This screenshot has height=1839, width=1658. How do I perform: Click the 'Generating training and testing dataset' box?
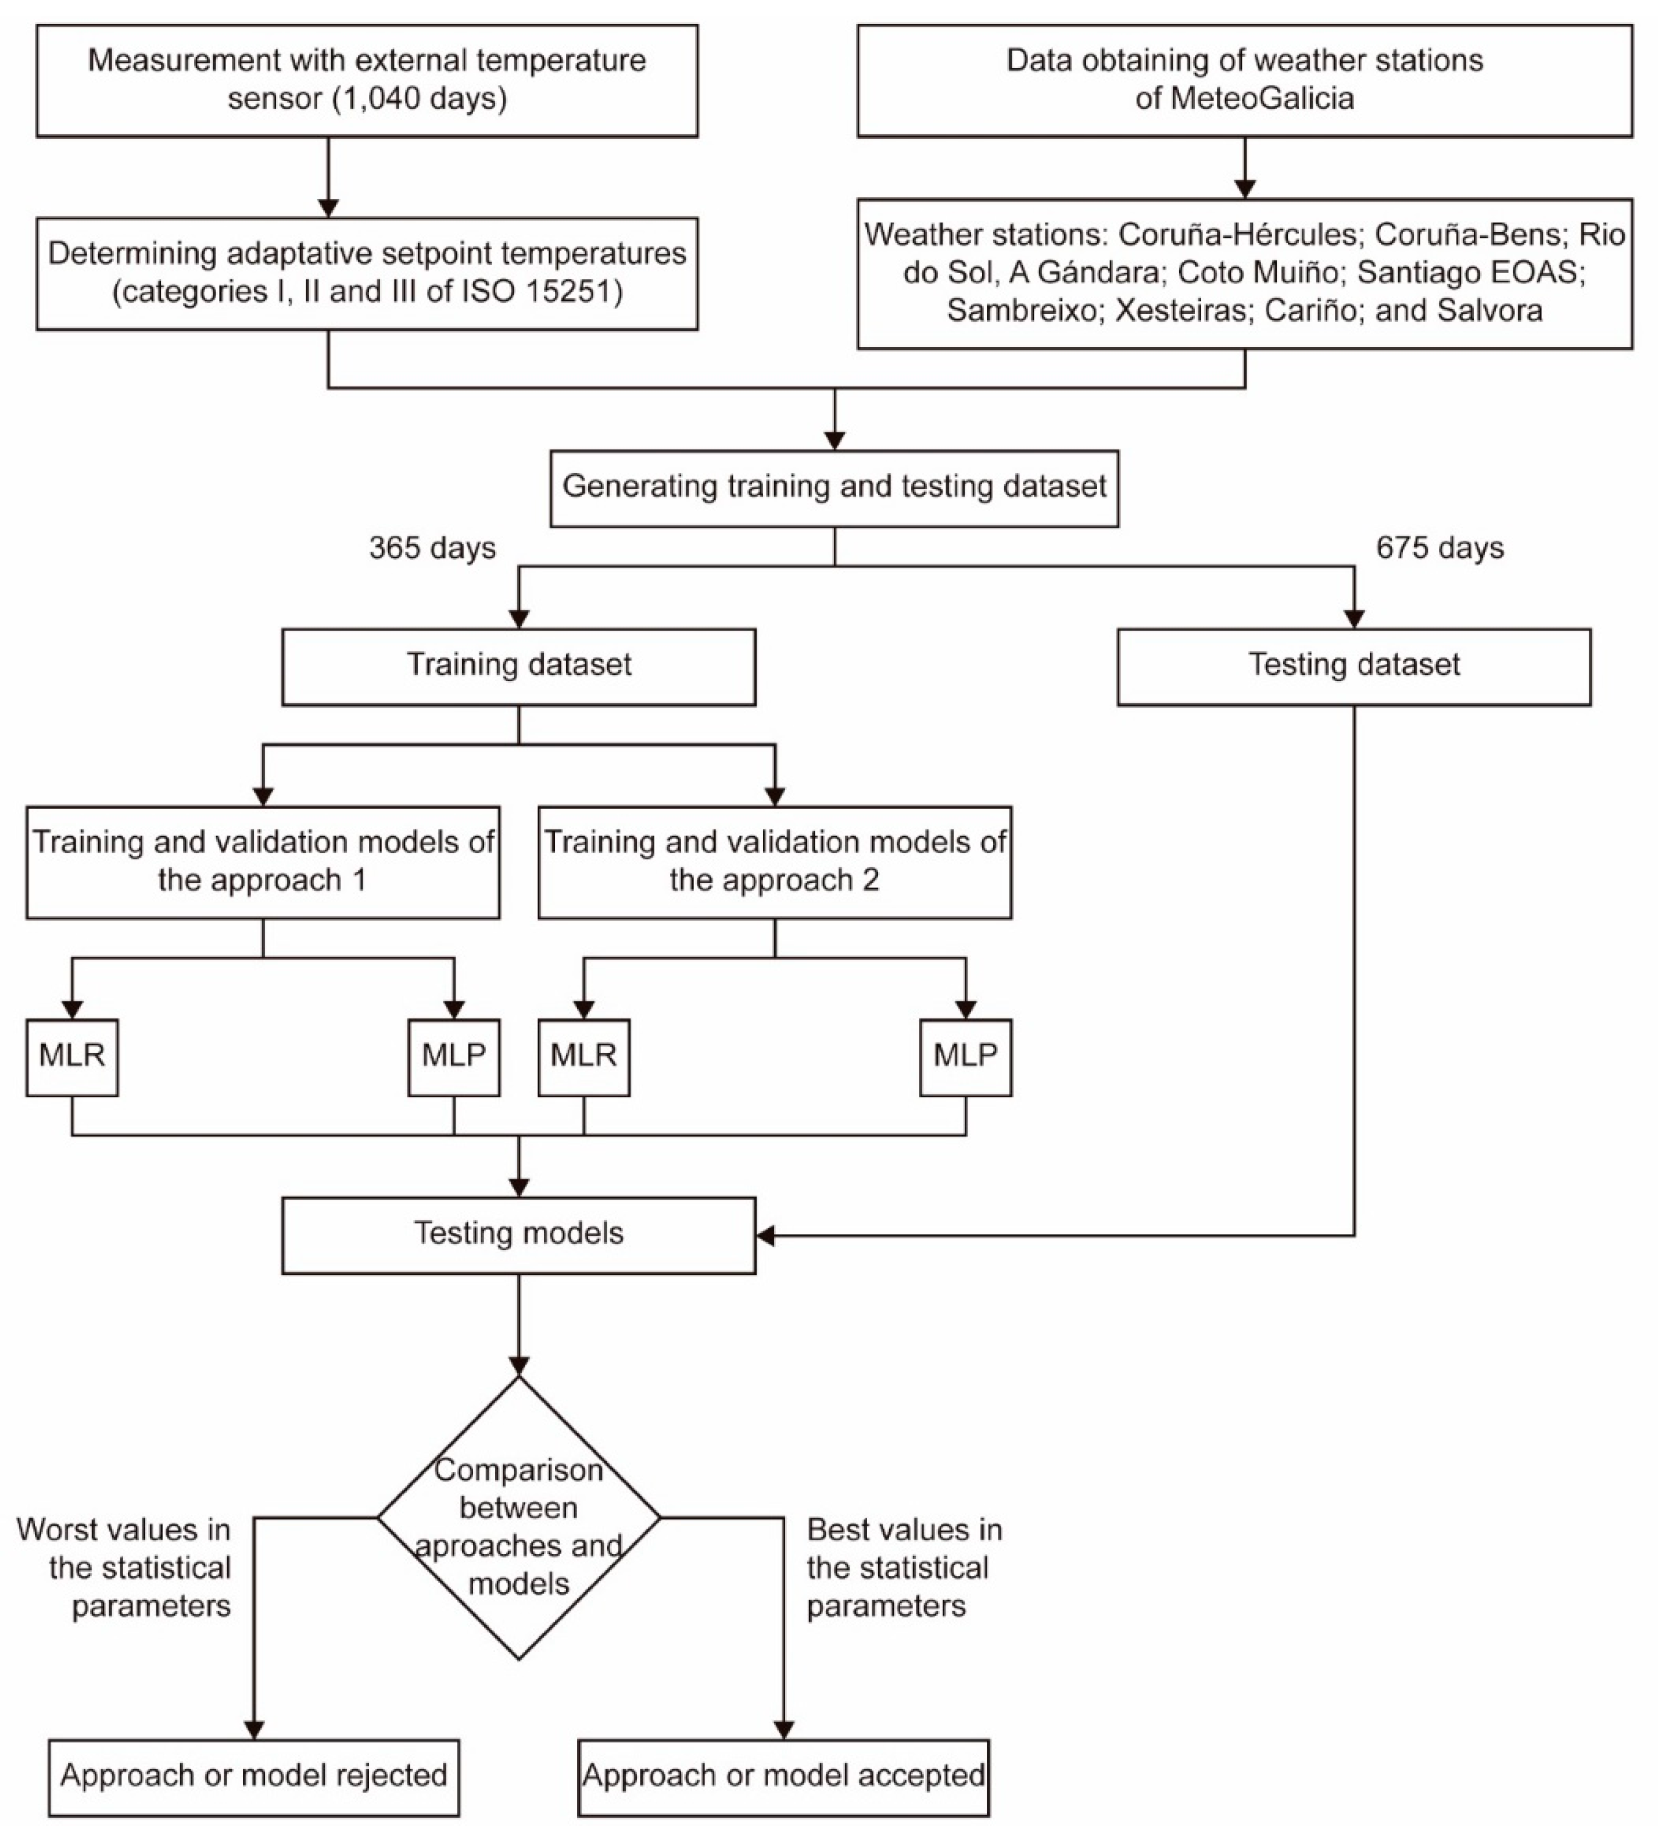click(835, 488)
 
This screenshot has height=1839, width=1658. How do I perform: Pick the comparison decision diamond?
click(518, 1518)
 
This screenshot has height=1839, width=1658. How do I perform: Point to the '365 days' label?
click(433, 548)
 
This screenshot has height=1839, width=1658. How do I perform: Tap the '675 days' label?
click(1439, 548)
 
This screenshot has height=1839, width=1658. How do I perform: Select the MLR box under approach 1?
click(72, 1057)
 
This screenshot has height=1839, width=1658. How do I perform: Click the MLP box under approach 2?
click(966, 1057)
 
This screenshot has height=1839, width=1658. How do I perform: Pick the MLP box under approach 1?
click(454, 1057)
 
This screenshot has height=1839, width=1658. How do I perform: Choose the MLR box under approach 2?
click(584, 1057)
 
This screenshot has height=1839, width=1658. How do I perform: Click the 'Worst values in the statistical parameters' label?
click(124, 1568)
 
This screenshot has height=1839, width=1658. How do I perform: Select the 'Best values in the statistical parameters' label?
click(904, 1568)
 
